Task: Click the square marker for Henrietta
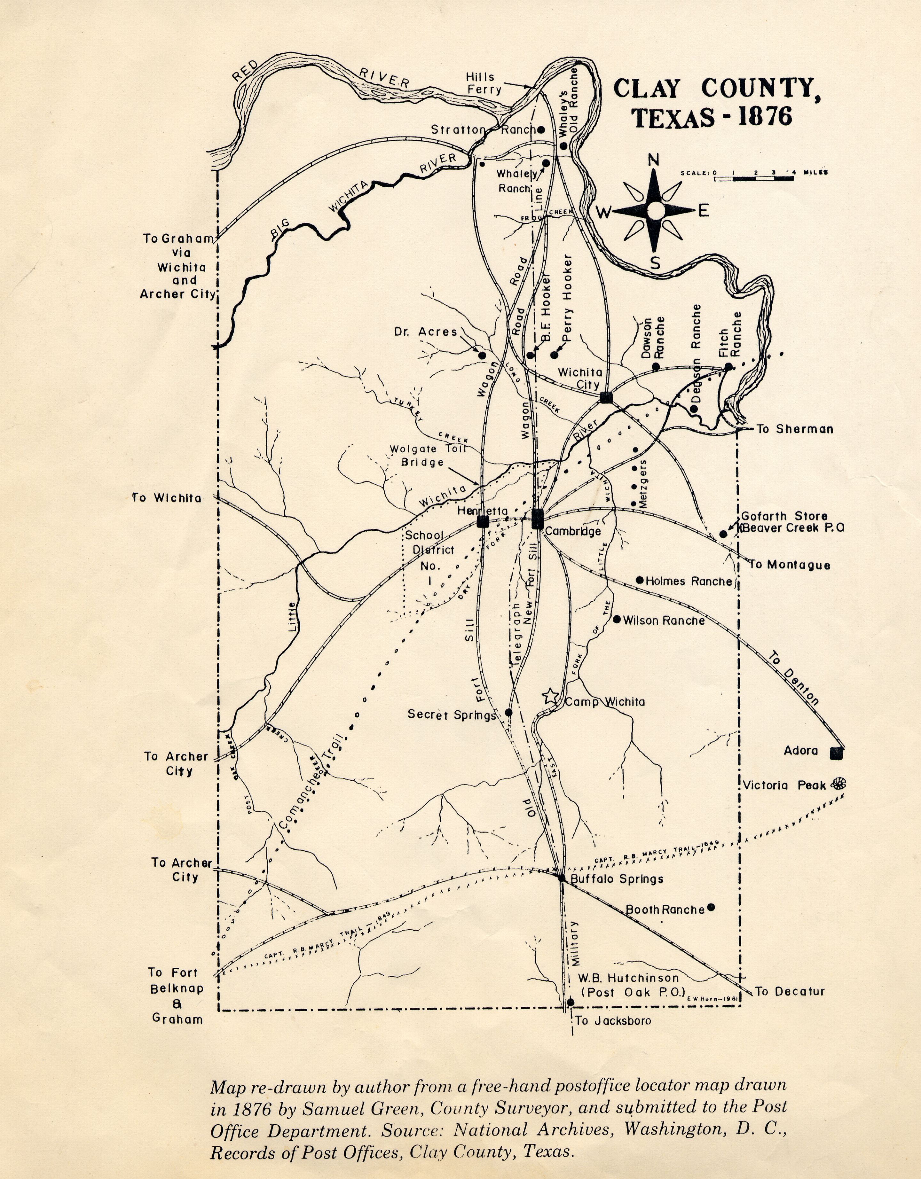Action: (483, 521)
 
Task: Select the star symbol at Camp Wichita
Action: (550, 696)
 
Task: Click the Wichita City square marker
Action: (606, 397)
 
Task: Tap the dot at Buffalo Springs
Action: (562, 878)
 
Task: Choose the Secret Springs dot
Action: (508, 713)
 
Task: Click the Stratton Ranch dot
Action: (540, 129)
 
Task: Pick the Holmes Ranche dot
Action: (640, 580)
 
